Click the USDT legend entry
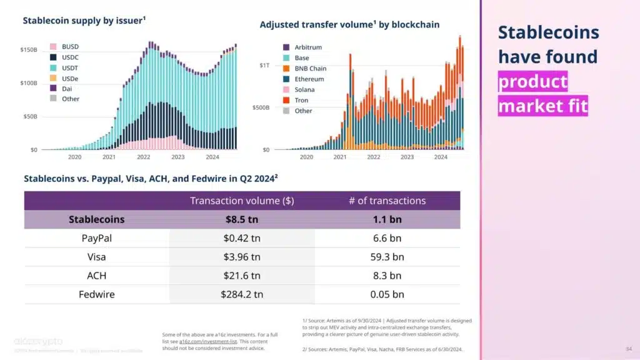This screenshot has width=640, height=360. point(66,67)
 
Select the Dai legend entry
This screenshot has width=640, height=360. point(66,89)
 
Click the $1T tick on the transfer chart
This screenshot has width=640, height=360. point(264,65)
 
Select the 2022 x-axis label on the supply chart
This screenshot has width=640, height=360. point(144,157)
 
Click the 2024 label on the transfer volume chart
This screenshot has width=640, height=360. point(441,157)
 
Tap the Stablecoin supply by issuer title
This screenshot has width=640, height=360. point(84,21)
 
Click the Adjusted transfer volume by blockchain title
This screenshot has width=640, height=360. point(349,24)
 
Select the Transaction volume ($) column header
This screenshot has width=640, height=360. point(242,201)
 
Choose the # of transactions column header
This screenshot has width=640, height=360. point(387,201)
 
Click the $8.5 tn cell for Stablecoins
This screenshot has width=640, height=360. point(242,219)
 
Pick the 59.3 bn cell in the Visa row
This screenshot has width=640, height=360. point(387,257)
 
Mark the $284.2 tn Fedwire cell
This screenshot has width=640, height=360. point(242,294)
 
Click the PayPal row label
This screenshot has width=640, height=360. point(96,238)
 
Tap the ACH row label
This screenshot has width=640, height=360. point(96,276)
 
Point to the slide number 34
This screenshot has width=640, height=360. point(628,348)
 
